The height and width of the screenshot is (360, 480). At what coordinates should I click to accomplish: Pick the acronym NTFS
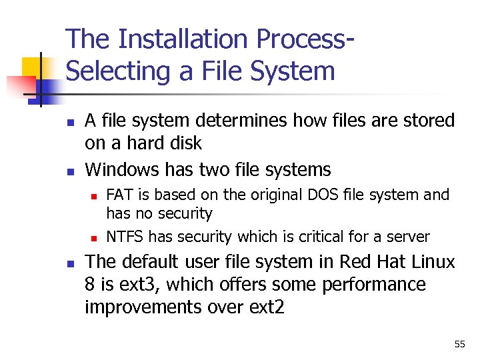click(x=125, y=237)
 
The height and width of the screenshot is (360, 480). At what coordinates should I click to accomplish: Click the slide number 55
click(x=459, y=345)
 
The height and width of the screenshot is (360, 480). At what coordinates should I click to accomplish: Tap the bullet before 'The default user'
click(x=69, y=264)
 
